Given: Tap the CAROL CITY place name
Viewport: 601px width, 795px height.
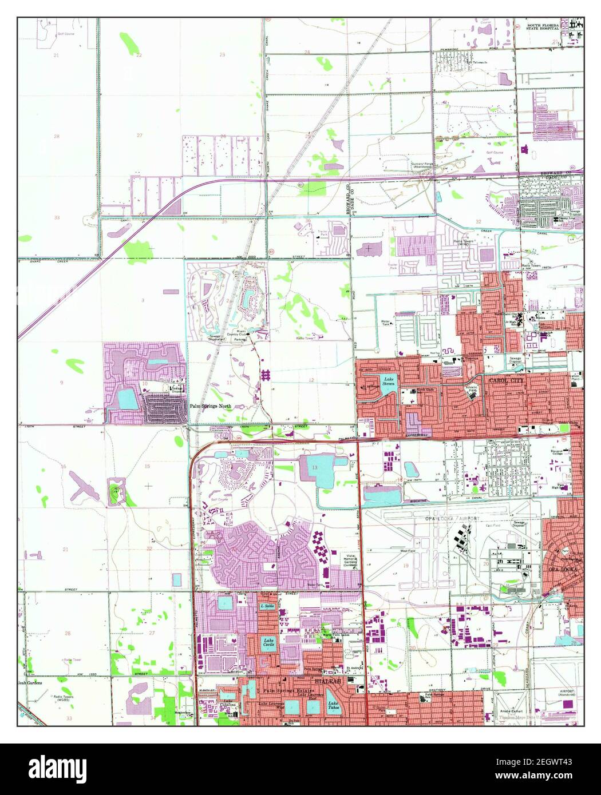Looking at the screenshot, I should [x=504, y=379].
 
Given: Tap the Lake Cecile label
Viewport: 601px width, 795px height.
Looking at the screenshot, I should [x=268, y=642].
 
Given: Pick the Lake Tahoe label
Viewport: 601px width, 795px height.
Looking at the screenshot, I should [x=334, y=707].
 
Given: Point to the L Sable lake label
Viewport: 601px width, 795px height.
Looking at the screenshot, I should [x=267, y=606].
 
